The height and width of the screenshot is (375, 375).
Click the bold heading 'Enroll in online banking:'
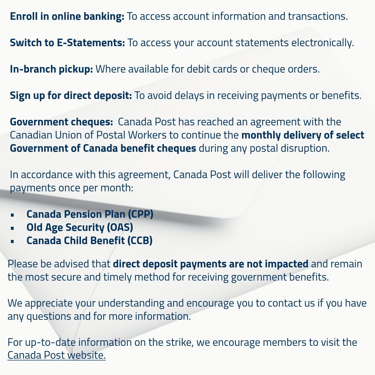67,16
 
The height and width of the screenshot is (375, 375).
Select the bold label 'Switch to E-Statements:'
67,43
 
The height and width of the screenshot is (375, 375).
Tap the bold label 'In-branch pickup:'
51,69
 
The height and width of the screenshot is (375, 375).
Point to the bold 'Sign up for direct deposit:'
71,95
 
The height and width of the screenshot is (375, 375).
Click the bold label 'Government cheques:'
61,122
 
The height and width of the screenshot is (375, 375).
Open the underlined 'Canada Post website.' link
57,356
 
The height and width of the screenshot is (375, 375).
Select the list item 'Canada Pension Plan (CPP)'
90,214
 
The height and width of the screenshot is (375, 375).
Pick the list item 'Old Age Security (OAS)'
80,227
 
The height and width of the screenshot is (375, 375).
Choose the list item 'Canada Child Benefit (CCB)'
90,240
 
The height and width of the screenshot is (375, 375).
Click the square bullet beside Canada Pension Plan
12,215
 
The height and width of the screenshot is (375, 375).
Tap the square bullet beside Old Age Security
12,228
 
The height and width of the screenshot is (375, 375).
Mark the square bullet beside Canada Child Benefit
12,241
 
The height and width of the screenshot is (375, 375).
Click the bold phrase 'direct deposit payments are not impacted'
210,264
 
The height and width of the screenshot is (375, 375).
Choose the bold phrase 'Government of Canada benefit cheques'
103,148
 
